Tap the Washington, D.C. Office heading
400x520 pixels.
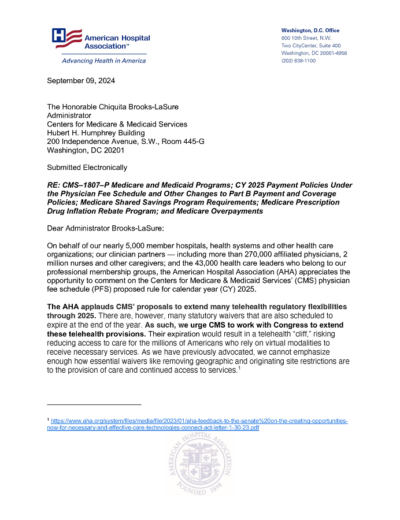(310, 31)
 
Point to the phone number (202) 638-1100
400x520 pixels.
(298, 61)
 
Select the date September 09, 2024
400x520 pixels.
(81, 81)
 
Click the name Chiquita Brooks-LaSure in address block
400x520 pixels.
(138, 107)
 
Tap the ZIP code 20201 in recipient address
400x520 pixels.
(112, 150)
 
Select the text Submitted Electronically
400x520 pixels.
(87, 168)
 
